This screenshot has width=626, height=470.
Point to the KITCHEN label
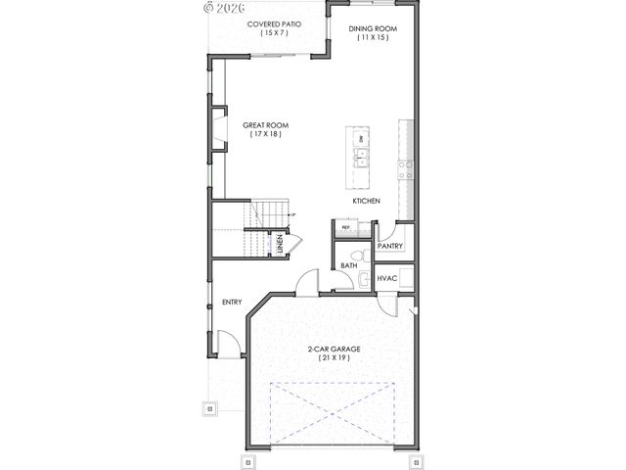366,201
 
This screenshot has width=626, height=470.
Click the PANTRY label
389,246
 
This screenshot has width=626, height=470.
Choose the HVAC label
385,278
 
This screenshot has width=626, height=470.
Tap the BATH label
348,265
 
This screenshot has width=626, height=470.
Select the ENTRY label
231,302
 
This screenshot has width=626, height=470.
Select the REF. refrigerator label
345,227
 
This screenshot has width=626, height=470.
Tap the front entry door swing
226,343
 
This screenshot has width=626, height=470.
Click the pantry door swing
384,231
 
